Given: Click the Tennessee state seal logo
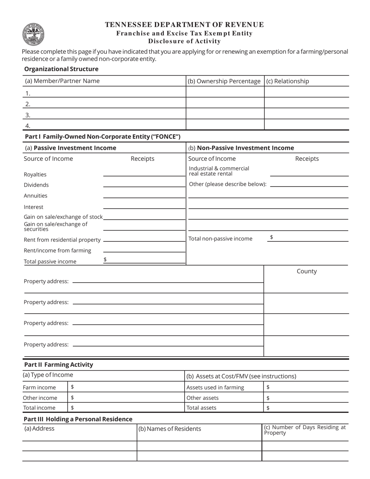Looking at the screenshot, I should point(33,34).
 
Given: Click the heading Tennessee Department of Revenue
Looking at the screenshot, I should point(184,25).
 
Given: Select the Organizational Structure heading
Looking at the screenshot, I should point(61,69).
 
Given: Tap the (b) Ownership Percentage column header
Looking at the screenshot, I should point(224,81).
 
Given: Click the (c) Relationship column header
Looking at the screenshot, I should point(287,81).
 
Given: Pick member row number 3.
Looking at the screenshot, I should point(104,115).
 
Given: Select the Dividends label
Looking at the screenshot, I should point(36,185).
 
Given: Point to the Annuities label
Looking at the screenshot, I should point(35,195).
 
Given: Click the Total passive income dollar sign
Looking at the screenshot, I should point(105,259).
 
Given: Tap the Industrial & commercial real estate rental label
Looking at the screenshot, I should point(219,171).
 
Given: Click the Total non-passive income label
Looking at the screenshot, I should point(220,239).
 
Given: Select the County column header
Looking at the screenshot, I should point(307,271).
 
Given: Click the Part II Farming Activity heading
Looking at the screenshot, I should point(58,365).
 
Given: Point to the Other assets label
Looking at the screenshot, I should point(203,398).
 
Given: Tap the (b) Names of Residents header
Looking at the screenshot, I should point(170,429).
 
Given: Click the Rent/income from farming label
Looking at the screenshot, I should point(57,250).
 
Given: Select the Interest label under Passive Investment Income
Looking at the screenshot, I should point(33,207).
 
